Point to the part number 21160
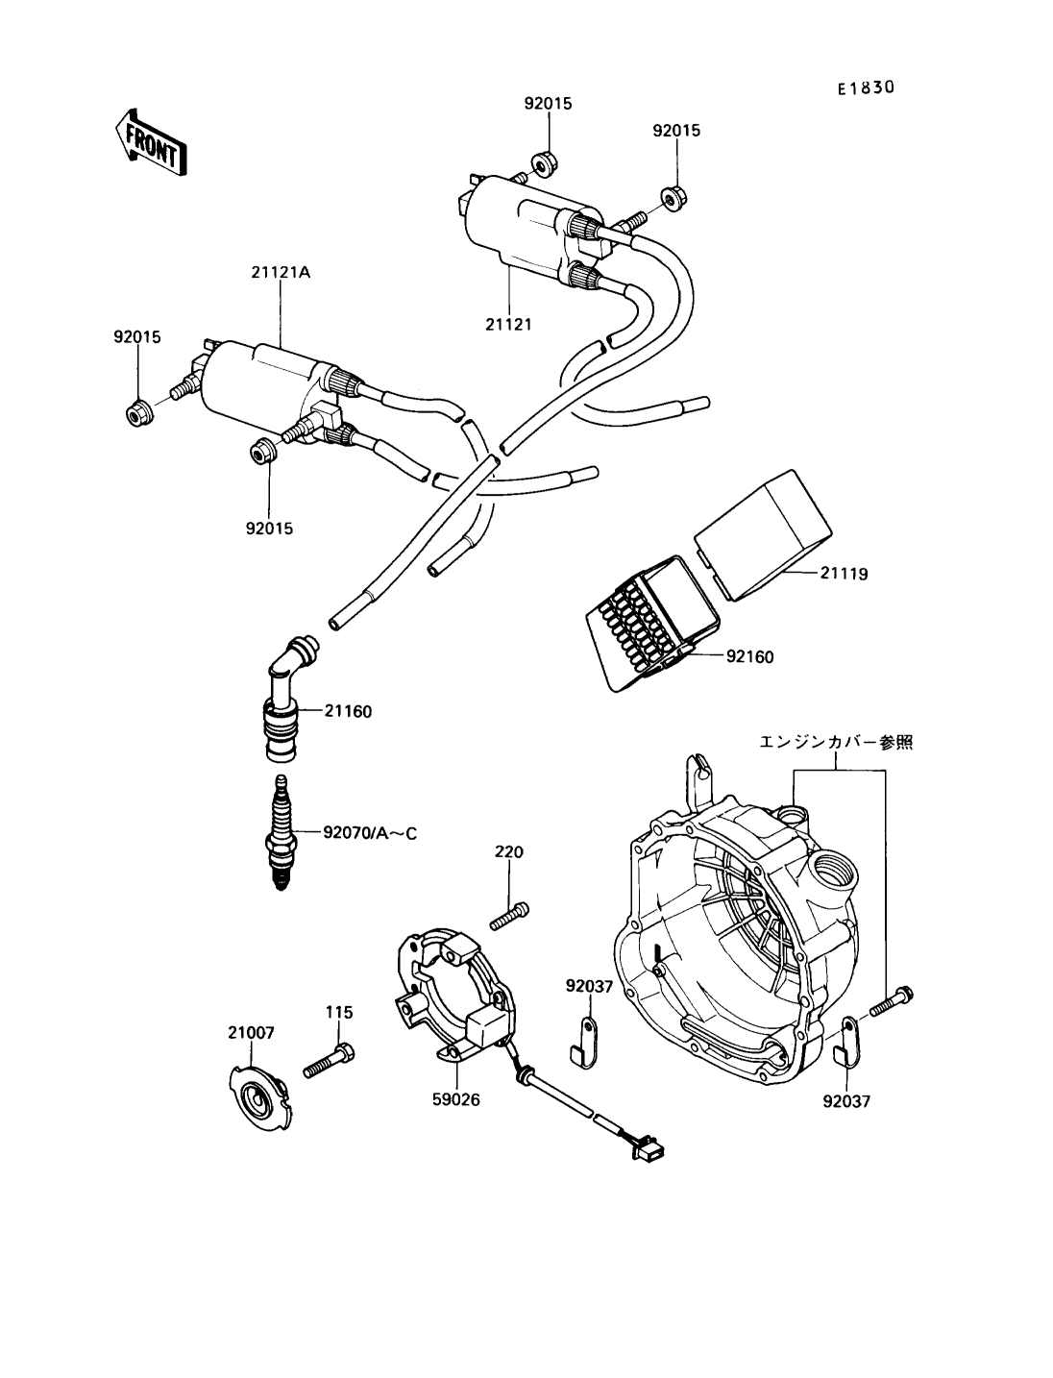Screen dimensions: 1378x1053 click(348, 712)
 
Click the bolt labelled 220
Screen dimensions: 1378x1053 click(509, 915)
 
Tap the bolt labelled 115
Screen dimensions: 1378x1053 click(330, 1061)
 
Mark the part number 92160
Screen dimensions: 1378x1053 click(749, 657)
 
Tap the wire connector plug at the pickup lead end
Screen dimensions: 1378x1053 click(651, 1148)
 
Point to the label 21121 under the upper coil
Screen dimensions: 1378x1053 click(507, 324)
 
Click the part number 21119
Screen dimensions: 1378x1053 click(845, 574)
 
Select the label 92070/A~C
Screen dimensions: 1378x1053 click(370, 833)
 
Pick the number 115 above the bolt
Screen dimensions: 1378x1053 click(339, 1012)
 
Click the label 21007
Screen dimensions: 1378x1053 click(251, 1033)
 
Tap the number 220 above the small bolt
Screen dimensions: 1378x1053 click(509, 851)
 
